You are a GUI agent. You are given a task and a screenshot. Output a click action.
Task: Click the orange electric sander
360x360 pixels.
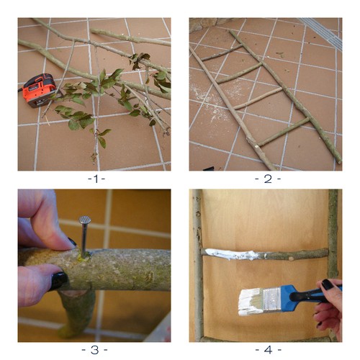point(40,90)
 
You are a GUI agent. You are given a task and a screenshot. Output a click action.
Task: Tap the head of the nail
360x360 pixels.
point(85,220)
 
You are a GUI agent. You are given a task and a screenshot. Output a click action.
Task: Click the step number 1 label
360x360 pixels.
point(96,179)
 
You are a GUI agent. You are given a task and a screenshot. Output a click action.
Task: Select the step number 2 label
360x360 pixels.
point(268,179)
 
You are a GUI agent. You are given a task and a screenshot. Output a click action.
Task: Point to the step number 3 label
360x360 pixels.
point(94,350)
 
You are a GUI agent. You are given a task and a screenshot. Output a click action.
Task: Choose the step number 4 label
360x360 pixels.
point(268,350)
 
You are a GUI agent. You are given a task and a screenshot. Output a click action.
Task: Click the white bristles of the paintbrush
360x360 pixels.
point(251,302)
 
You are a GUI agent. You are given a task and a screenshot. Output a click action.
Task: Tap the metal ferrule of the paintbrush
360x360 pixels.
point(272,300)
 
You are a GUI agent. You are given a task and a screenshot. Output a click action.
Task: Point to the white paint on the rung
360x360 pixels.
point(228,253)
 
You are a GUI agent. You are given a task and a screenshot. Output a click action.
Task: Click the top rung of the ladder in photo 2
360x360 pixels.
point(221,53)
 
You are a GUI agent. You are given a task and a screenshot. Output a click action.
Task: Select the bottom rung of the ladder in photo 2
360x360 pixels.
point(283,132)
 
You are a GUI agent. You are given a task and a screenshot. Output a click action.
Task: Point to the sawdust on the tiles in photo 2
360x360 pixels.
point(217,101)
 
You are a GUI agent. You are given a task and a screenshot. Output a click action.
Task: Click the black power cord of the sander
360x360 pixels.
point(20,90)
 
